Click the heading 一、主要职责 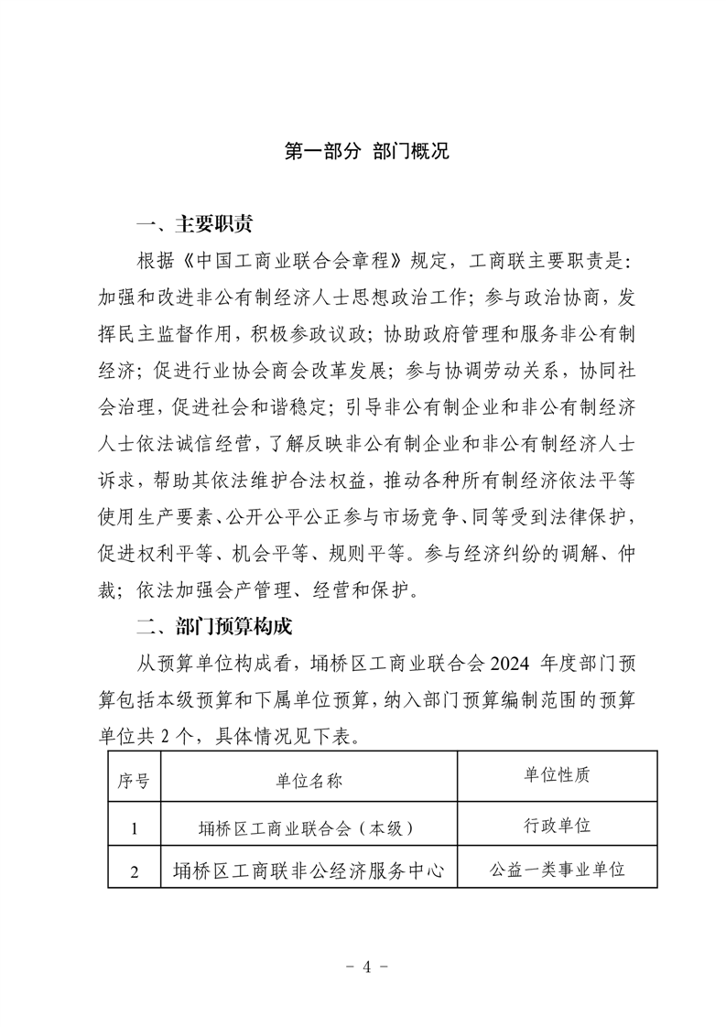pyautogui.click(x=193, y=224)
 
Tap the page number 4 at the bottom pyautogui.click(x=363, y=966)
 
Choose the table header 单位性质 pyautogui.click(x=557, y=775)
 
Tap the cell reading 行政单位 pyautogui.click(x=557, y=824)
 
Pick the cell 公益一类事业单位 pyautogui.click(x=557, y=870)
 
